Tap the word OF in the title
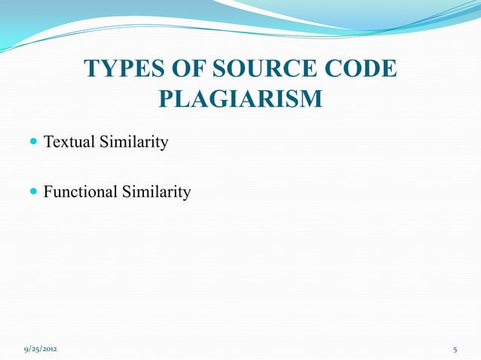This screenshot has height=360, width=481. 184,69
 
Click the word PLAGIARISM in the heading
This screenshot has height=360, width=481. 241,99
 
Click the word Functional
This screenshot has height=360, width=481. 79,192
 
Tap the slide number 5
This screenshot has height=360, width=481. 455,350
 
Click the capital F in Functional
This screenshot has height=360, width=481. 48,192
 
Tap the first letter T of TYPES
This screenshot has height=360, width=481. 92,69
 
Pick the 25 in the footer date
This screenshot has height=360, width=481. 36,350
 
